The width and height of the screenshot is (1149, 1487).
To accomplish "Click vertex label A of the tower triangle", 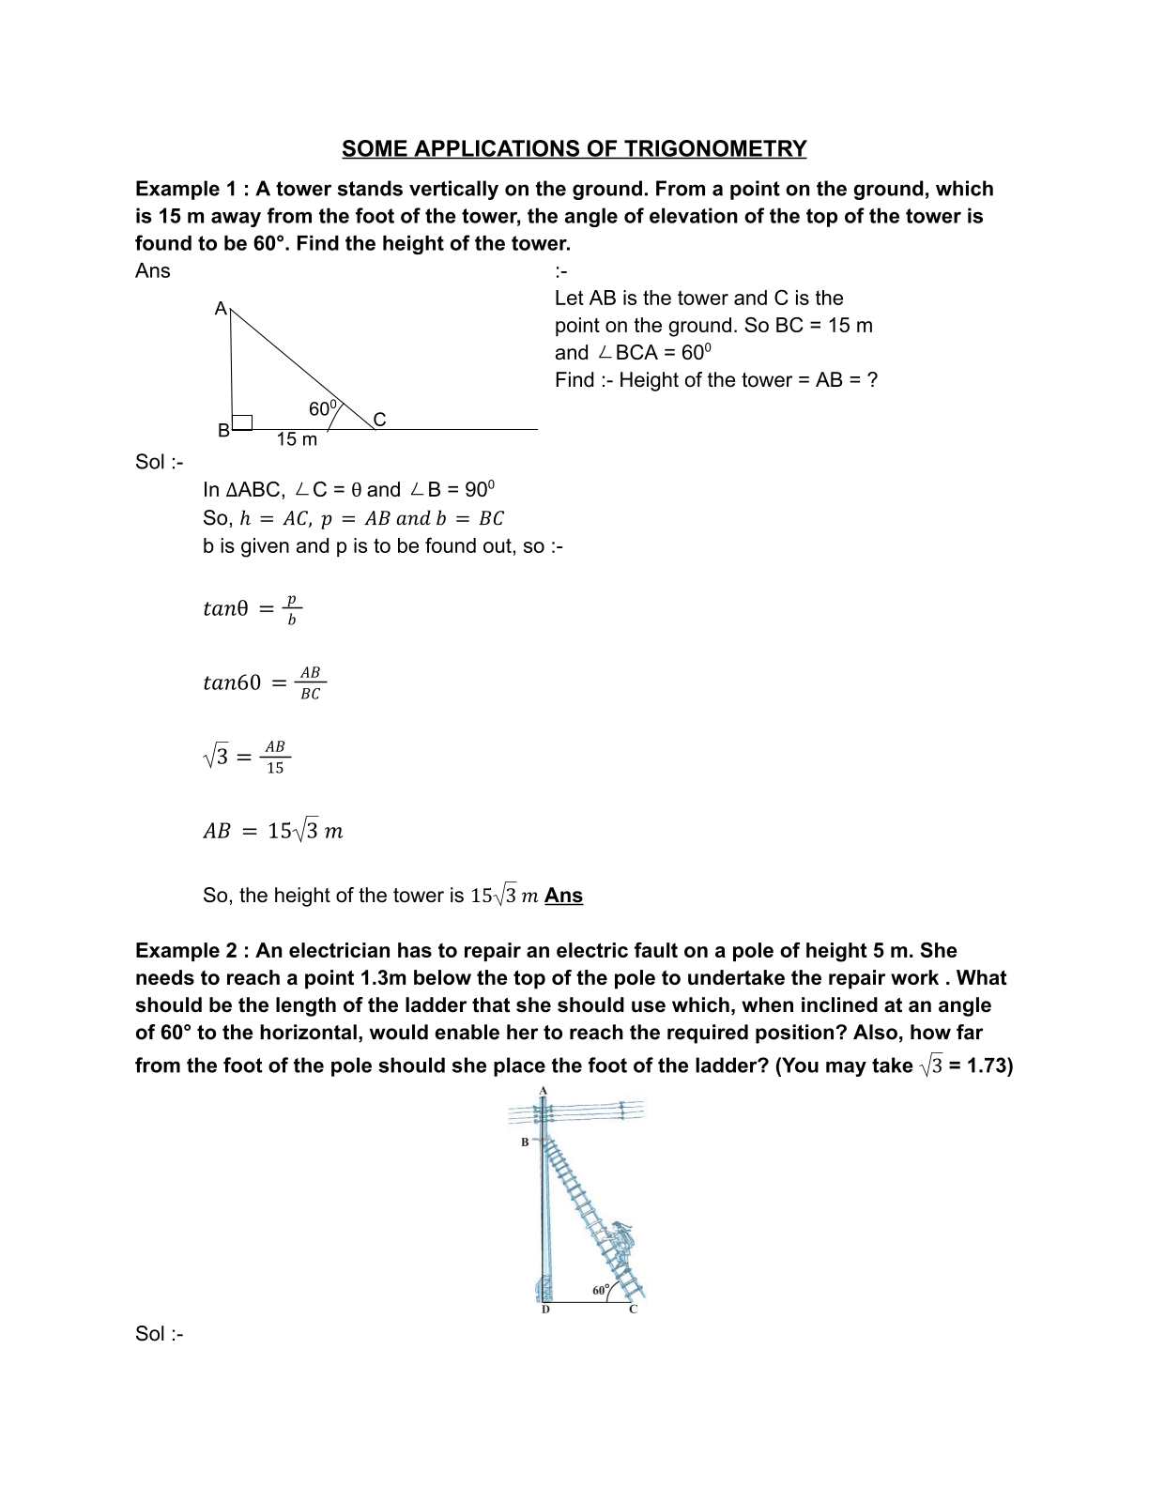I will tap(221, 309).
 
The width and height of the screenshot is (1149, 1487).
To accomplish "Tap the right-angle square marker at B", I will tap(242, 422).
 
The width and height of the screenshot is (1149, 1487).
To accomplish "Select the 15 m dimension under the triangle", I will tap(297, 439).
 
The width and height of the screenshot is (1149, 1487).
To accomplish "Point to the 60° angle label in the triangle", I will tap(322, 408).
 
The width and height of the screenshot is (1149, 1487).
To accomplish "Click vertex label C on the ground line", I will tap(379, 420).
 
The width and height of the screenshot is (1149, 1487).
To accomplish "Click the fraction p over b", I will tap(291, 608).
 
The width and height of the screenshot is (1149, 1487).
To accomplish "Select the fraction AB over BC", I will tap(310, 682).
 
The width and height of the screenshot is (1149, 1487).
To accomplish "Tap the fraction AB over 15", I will tap(274, 757).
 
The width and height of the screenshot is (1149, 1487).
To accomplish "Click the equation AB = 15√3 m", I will tap(273, 831).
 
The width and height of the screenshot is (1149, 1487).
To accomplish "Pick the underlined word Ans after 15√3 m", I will tap(563, 896).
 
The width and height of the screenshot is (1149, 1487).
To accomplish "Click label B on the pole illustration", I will tap(526, 1142).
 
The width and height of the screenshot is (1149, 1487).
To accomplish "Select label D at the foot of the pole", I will tap(545, 1310).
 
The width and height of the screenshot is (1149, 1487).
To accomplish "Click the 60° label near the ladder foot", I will tap(601, 1290).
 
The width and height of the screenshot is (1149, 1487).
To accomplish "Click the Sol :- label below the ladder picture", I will tap(159, 1334).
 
